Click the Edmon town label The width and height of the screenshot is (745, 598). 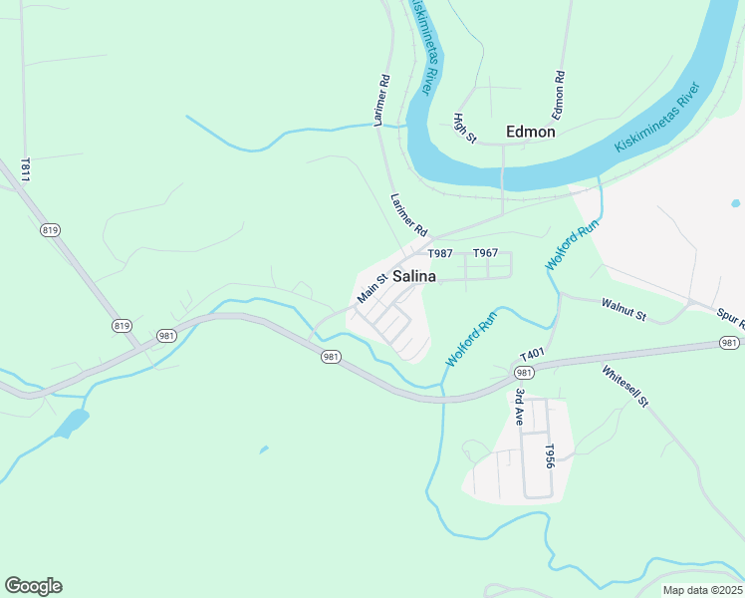pyautogui.click(x=530, y=131)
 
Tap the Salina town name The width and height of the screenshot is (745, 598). pyautogui.click(x=414, y=277)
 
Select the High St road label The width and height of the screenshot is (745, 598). pyautogui.click(x=465, y=128)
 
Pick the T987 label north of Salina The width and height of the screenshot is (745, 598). pyautogui.click(x=440, y=253)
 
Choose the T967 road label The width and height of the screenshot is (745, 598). pyautogui.click(x=485, y=253)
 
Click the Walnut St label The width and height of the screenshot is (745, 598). pyautogui.click(x=624, y=309)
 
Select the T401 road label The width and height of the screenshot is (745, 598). pyautogui.click(x=532, y=355)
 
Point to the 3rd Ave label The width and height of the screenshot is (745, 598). pyautogui.click(x=519, y=408)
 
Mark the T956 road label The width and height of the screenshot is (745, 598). pyautogui.click(x=548, y=456)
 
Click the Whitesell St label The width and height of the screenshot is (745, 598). pyautogui.click(x=624, y=387)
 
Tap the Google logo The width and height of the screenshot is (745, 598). pyautogui.click(x=33, y=586)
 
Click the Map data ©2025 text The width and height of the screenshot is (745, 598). pyautogui.click(x=701, y=590)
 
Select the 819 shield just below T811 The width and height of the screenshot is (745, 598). pyautogui.click(x=51, y=230)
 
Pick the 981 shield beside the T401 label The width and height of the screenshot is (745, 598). pyautogui.click(x=523, y=372)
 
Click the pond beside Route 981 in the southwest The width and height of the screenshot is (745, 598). pyautogui.click(x=71, y=423)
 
